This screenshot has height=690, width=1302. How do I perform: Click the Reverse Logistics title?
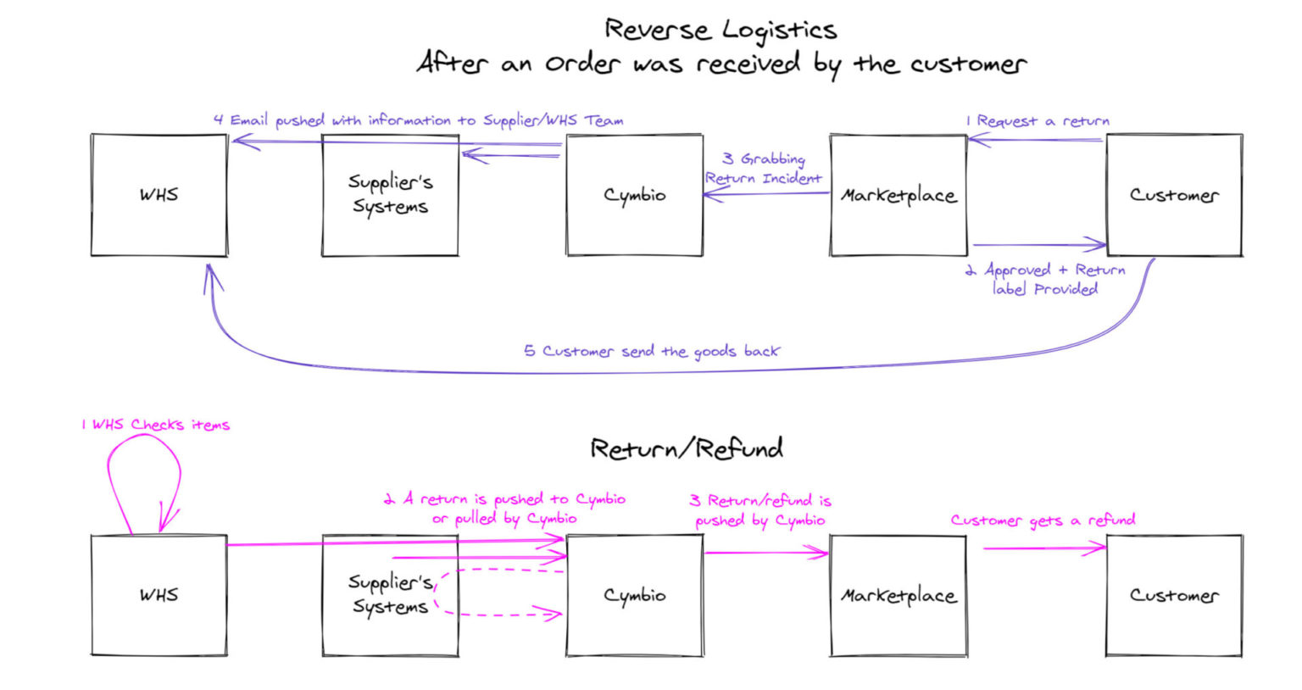coord(721,31)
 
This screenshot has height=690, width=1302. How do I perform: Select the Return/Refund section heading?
coord(686,448)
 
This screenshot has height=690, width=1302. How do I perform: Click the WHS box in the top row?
coord(159,195)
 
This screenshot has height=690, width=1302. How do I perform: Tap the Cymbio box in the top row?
coord(634,195)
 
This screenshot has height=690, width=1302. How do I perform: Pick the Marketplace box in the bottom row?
coord(899,595)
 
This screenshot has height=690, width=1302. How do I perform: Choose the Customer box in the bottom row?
coord(1174,595)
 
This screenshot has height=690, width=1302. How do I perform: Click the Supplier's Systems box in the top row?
coord(390,195)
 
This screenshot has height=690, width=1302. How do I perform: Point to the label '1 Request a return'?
coord(1038,121)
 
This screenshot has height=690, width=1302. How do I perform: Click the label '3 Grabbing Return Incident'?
coord(763,169)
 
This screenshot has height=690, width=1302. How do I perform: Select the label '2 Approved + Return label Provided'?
coord(1045,280)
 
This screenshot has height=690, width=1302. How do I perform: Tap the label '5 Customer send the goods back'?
coord(651,351)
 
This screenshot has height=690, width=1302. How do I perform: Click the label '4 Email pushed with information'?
coord(418,120)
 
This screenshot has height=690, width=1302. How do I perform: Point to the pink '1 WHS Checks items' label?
coord(155,425)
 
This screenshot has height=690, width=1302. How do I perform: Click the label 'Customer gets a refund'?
coord(1043,520)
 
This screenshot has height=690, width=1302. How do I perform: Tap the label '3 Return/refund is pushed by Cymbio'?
coord(760,510)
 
